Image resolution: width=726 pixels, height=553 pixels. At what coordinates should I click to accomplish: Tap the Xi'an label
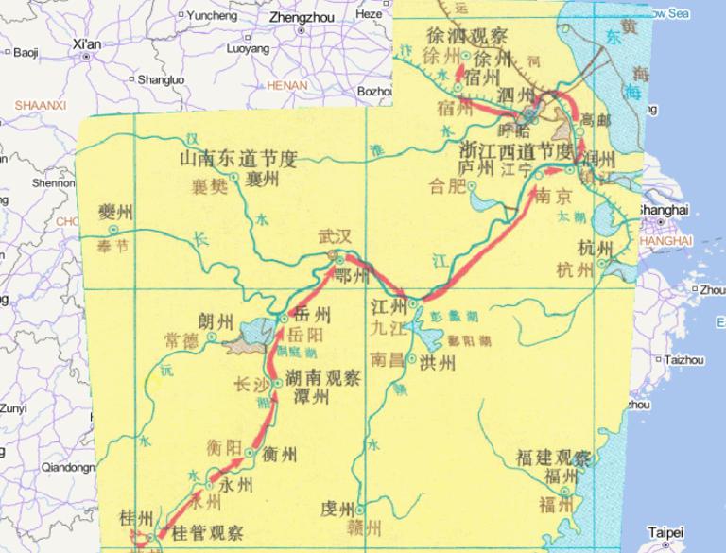click(x=86, y=43)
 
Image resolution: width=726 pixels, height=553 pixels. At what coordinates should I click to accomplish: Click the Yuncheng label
click(x=213, y=15)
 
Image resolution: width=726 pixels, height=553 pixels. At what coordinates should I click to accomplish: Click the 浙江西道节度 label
click(x=516, y=151)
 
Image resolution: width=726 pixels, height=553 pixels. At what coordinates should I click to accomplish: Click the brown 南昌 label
click(x=388, y=359)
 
